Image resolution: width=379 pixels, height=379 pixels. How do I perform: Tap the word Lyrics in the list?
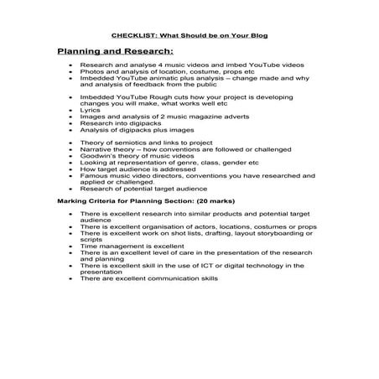(x=89, y=108)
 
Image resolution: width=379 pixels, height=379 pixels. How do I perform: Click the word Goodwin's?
(x=97, y=157)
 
